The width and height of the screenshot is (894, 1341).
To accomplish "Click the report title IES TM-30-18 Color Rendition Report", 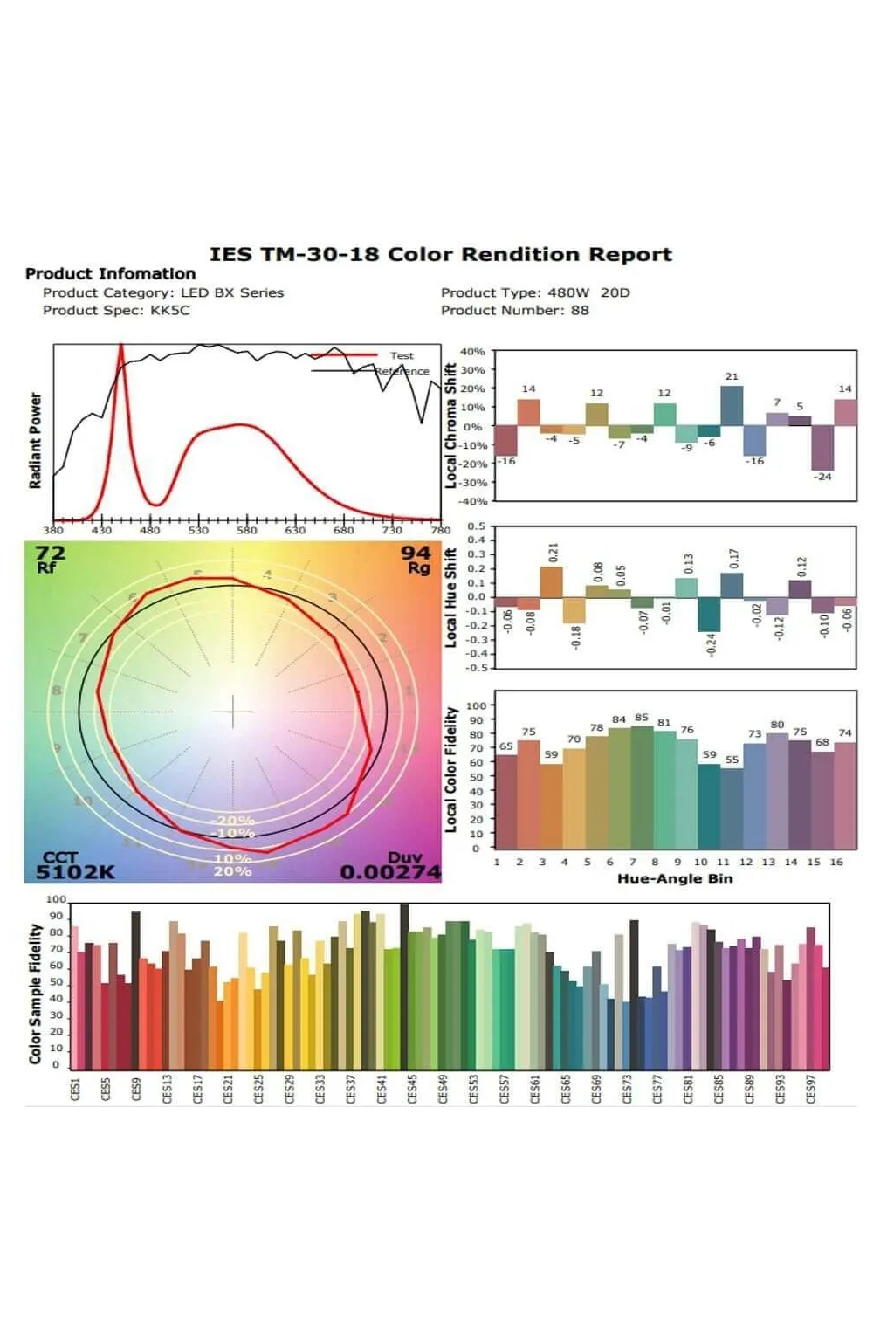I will click(440, 255).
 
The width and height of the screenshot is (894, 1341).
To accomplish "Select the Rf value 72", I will click(50, 553).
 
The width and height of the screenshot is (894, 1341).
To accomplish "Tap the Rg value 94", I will click(416, 553).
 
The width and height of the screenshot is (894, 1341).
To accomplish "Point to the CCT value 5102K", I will click(75, 871).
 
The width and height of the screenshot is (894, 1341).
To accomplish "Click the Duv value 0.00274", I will click(390, 871).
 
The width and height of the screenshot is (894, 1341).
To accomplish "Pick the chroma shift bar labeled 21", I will click(732, 406).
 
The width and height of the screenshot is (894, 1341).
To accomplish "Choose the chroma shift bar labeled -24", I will click(822, 448).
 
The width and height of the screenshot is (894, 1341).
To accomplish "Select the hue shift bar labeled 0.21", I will click(552, 581).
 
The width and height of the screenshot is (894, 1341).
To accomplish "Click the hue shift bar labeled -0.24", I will click(709, 614).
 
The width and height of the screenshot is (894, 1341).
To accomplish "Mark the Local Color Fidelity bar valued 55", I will click(732, 808).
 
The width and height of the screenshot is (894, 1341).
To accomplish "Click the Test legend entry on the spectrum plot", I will click(402, 355).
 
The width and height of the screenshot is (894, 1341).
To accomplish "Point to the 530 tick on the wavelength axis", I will click(199, 530).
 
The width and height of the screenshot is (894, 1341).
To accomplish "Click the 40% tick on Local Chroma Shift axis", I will click(472, 352).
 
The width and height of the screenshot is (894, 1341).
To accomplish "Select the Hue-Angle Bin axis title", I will click(675, 878).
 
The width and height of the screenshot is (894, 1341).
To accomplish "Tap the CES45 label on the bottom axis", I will click(412, 1089).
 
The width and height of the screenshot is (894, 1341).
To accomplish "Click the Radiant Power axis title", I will click(36, 440).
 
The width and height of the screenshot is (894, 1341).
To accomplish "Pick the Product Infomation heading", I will click(111, 274).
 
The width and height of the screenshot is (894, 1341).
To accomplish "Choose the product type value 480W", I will click(568, 292).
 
